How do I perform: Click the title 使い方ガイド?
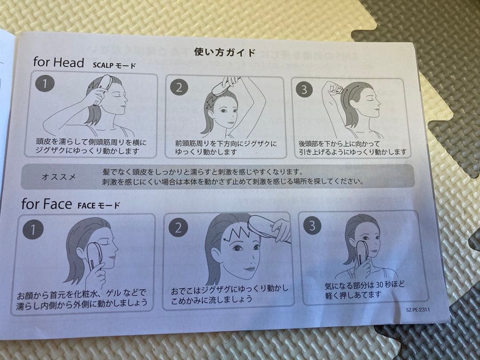coord(224,52)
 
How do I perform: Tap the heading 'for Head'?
coord(59,62)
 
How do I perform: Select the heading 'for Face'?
coord(47,204)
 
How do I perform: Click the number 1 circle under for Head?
coord(45,83)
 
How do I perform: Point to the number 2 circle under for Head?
coord(179,88)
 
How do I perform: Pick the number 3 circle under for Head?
coord(304,89)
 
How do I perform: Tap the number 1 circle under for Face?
coord(33,229)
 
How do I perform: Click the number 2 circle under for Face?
coord(178,228)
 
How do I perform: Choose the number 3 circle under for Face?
coord(312,226)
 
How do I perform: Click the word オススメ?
coord(59,177)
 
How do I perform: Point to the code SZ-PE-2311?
coord(418,309)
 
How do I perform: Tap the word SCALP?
coord(103,65)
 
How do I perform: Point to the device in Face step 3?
coord(361,254)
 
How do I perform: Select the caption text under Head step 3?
coord(352,148)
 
